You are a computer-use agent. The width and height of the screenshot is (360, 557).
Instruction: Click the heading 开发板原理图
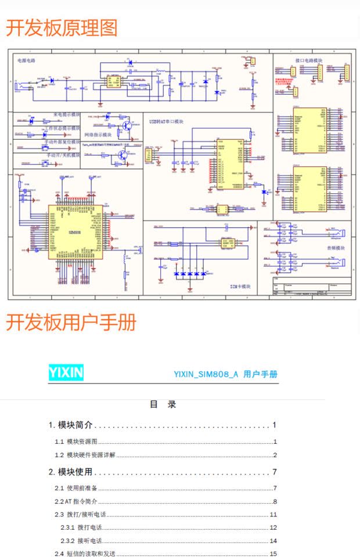[x=62, y=28]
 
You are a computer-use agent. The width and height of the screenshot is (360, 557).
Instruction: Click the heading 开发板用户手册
[x=71, y=322]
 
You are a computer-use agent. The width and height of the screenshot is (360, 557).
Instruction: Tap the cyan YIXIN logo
[x=66, y=372]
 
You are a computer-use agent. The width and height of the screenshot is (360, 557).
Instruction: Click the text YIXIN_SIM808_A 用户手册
[x=225, y=374]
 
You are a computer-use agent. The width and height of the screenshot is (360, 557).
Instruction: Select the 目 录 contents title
[x=163, y=404]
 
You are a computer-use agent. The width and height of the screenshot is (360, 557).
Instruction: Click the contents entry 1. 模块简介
[x=71, y=425]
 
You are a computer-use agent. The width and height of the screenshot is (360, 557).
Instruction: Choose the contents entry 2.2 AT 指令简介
[x=76, y=501]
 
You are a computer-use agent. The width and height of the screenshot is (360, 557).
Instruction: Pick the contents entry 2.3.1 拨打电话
[x=81, y=527]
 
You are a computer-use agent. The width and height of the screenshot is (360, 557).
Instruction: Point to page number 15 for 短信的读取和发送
[x=273, y=554]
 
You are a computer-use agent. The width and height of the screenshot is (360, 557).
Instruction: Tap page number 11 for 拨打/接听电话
[x=273, y=515]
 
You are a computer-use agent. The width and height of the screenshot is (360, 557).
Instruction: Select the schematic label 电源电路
[x=26, y=60]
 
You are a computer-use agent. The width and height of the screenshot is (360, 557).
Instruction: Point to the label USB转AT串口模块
[x=166, y=122]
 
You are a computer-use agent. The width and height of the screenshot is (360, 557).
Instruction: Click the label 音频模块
[x=335, y=248]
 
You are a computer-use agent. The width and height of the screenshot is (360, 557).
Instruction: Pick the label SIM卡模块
[x=240, y=287]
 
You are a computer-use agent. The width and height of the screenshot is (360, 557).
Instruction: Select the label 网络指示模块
[x=98, y=135]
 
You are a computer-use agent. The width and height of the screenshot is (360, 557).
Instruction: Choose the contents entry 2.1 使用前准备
[x=76, y=488]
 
